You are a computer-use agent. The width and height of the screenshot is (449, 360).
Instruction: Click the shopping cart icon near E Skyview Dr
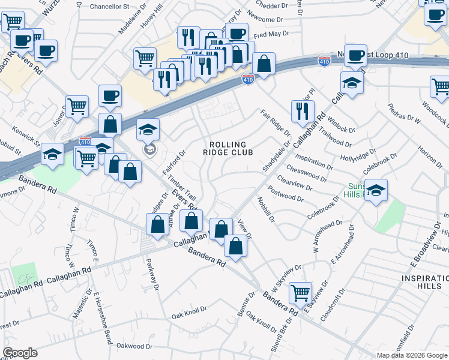(300, 293)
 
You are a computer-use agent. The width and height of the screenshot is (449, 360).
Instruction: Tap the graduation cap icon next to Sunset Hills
(376, 191)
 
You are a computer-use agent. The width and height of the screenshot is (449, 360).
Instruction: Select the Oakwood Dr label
(134, 346)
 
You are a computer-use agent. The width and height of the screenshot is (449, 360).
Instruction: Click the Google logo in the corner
(20, 353)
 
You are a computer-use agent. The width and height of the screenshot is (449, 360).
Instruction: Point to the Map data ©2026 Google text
(412, 355)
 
